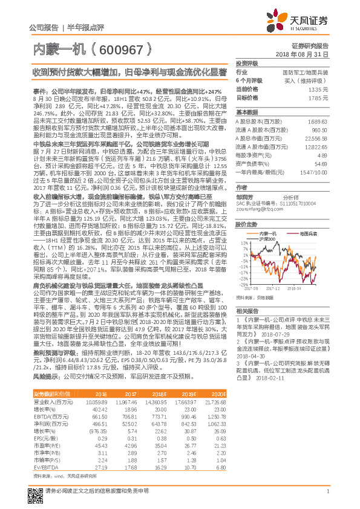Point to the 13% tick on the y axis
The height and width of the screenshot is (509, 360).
point(243,226)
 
